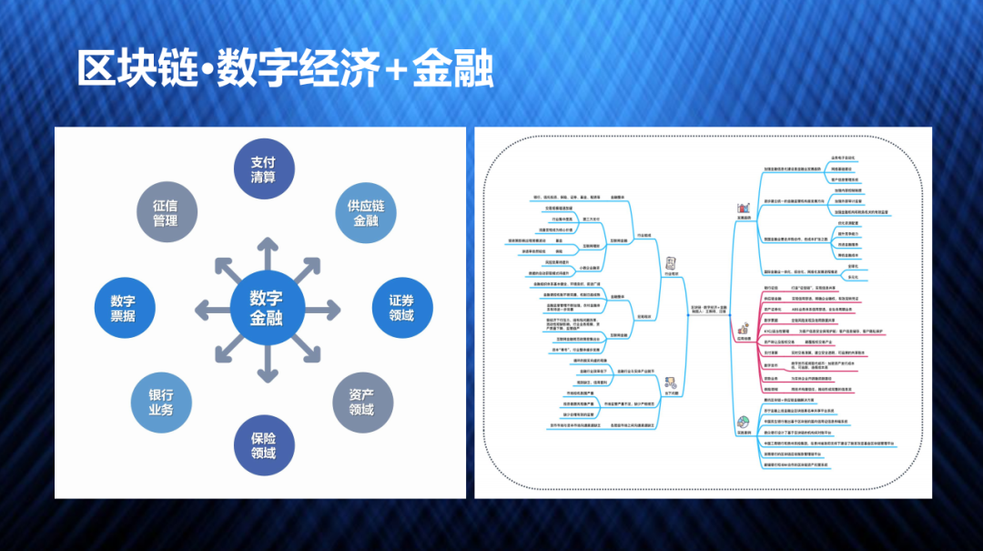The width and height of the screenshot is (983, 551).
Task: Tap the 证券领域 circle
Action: [401, 308]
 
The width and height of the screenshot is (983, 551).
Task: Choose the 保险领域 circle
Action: [264, 444]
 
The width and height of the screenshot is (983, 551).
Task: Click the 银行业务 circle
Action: [161, 403]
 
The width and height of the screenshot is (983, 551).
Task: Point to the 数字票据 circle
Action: [124, 308]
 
